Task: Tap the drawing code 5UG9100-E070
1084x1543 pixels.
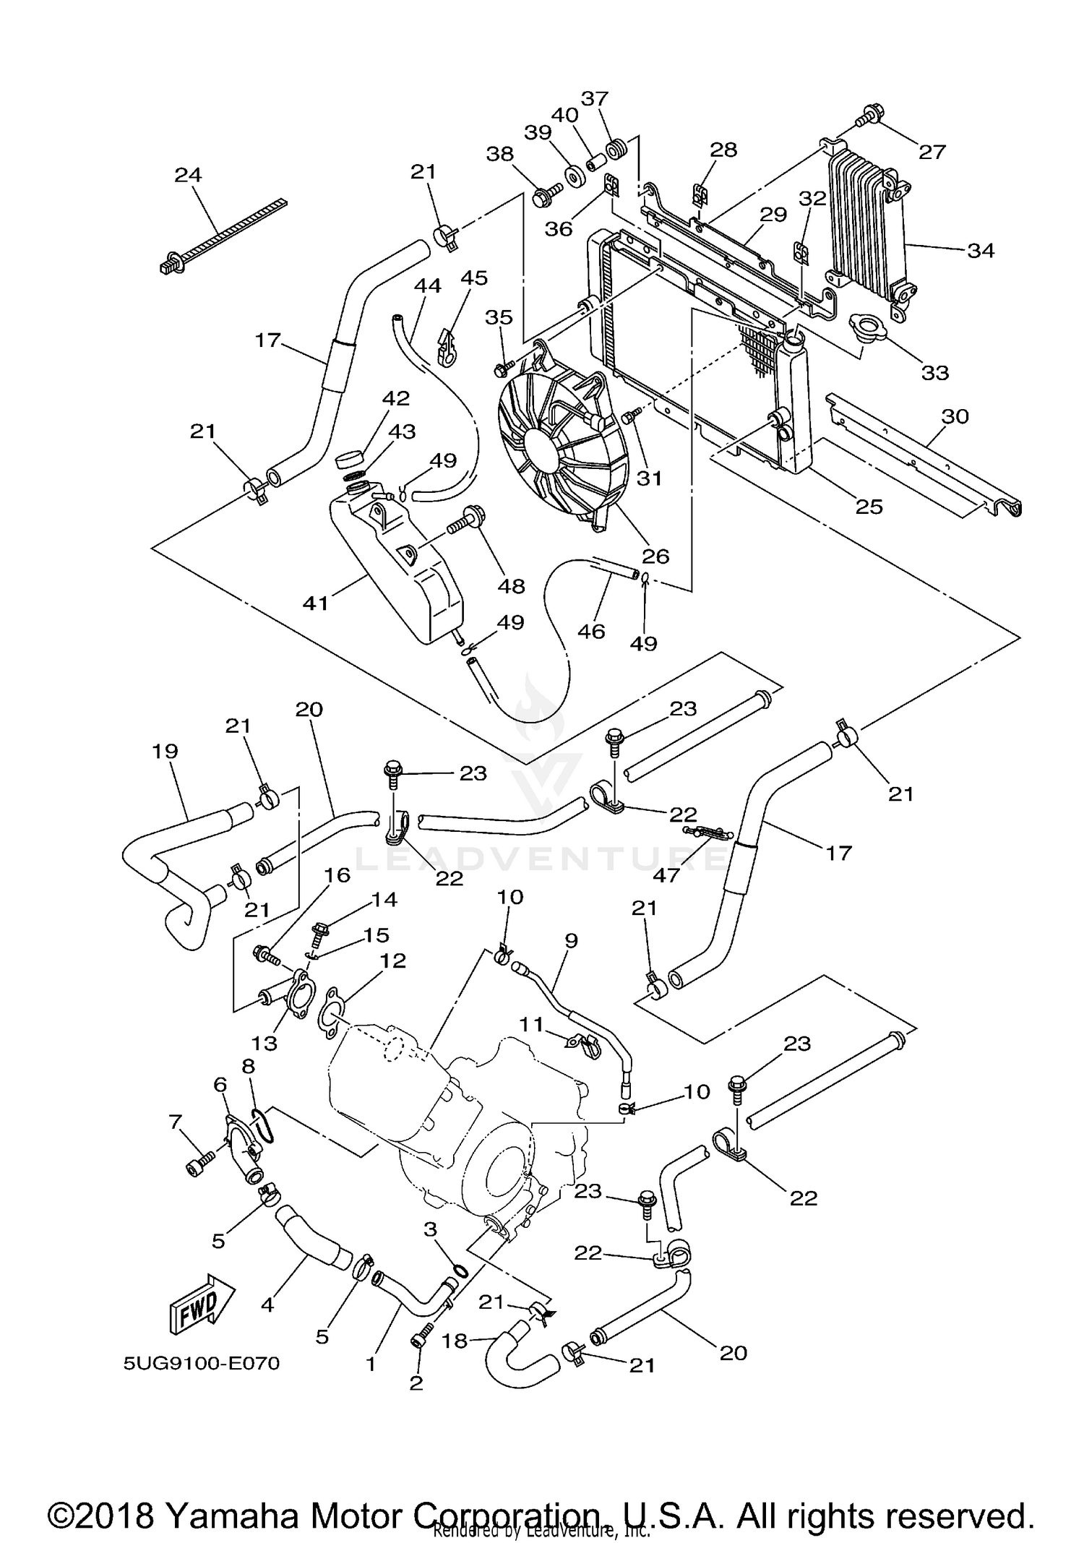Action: (x=202, y=1364)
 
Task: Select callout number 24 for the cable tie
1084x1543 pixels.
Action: (x=188, y=175)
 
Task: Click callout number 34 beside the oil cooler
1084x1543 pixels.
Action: (x=981, y=251)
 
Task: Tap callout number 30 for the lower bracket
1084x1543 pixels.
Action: (x=955, y=416)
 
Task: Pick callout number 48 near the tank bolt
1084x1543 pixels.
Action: (x=511, y=585)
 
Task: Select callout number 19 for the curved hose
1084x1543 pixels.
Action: (x=165, y=751)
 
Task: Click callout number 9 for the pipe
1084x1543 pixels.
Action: (x=571, y=940)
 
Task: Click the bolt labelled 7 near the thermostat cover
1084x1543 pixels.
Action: (x=200, y=1166)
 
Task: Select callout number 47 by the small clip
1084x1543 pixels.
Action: (x=666, y=875)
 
